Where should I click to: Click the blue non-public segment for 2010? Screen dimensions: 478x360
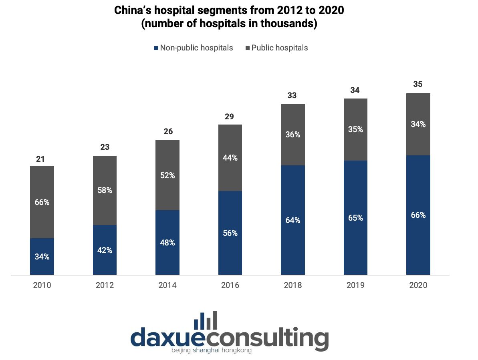(42, 256)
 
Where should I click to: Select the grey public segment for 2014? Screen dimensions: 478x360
(167, 175)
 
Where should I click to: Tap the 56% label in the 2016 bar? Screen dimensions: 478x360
(230, 233)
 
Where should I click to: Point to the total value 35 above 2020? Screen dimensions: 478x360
(418, 84)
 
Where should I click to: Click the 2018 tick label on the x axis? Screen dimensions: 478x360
(292, 285)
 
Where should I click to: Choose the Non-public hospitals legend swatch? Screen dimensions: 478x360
(156, 48)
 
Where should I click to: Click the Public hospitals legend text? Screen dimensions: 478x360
(280, 48)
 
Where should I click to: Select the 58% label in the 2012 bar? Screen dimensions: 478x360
(105, 190)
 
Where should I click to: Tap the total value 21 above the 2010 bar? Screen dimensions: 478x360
(40, 159)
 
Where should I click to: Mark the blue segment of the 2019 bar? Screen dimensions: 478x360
(355, 218)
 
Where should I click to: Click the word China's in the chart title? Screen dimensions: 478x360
(133, 10)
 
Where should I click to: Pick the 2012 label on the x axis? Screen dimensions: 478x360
(105, 285)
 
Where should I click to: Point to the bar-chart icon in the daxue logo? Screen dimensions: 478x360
(206, 320)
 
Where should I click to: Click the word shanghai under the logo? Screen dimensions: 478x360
(206, 350)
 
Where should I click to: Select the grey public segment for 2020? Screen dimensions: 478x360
(418, 125)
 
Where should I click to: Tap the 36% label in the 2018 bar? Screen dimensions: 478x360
(293, 135)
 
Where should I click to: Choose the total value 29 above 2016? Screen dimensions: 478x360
(229, 117)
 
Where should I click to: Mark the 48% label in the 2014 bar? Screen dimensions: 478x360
(167, 243)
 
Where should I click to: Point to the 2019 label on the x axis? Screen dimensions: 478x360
(355, 285)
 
